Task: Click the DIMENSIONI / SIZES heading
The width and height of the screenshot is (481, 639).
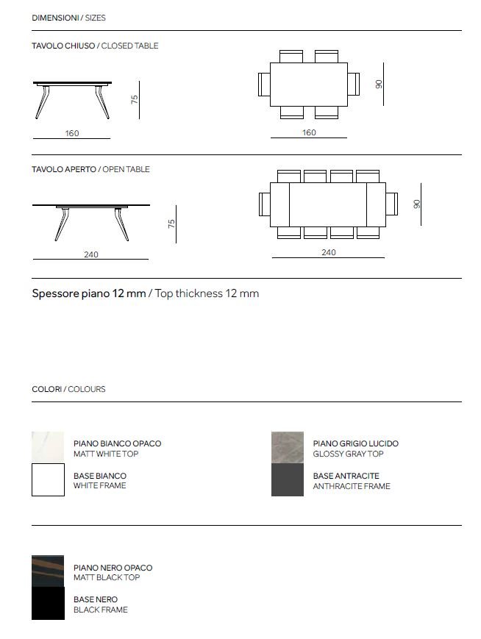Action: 68,18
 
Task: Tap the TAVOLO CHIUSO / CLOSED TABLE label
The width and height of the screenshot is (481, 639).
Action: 95,46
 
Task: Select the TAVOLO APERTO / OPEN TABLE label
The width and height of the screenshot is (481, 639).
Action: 90,169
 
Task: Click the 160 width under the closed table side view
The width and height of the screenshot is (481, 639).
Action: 72,133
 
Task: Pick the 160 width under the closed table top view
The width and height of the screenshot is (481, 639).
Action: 309,132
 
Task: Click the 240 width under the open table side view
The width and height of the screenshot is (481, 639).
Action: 91,254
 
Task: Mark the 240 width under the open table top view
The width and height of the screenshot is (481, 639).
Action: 329,252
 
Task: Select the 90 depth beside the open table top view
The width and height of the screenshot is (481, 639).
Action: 417,204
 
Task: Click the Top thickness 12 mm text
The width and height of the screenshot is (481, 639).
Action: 146,293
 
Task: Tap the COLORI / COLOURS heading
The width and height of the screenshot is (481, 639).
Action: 68,389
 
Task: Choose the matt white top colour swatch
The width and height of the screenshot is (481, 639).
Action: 48,448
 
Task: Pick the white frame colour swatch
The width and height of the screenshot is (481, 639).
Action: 48,480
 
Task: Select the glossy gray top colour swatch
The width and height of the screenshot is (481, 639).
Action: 288,448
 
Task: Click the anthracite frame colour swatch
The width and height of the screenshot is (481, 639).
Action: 288,480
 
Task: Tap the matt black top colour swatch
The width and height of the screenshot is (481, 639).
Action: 48,571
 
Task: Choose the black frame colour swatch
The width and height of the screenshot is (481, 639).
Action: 48,604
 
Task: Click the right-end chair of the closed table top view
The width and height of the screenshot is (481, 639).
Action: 353,83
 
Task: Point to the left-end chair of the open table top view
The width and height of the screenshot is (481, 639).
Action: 266,204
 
